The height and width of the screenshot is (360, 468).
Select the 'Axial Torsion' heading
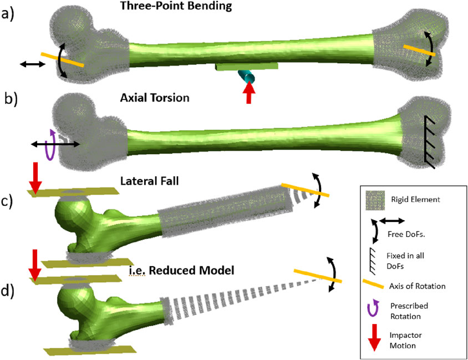point(155,98)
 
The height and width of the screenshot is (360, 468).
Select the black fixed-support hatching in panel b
point(429,141)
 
